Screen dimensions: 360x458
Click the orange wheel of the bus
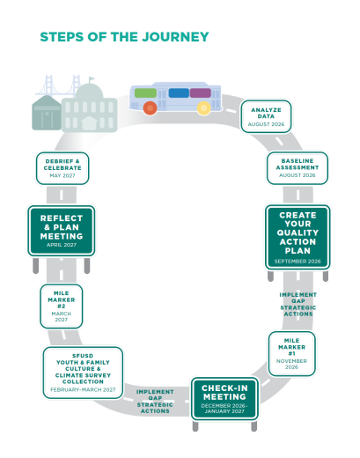pyautogui.click(x=150, y=107)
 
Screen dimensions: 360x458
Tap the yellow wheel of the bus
pyautogui.click(x=203, y=107)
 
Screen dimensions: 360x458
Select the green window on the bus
pyautogui.click(x=145, y=92)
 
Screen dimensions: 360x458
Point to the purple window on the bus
pyautogui.click(x=201, y=92)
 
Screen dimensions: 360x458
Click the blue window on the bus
pyautogui.click(x=179, y=92)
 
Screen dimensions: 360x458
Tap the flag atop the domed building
pyautogui.click(x=92, y=79)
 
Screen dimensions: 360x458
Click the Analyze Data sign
pyautogui.click(x=266, y=116)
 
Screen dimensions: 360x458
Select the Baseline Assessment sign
pyautogui.click(x=298, y=168)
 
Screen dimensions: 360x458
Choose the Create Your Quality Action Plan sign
pyautogui.click(x=298, y=237)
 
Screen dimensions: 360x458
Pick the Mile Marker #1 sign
pyautogui.click(x=291, y=354)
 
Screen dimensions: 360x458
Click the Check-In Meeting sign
pyautogui.click(x=224, y=399)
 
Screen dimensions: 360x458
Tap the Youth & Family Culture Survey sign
pyautogui.click(x=83, y=373)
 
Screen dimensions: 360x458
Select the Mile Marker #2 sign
pyautogui.click(x=62, y=307)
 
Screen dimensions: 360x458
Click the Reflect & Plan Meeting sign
pyautogui.click(x=62, y=231)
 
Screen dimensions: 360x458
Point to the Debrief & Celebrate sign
pyautogui.click(x=62, y=168)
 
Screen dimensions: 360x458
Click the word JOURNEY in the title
pyautogui.click(x=175, y=37)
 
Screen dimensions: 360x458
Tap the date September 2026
pyautogui.click(x=298, y=262)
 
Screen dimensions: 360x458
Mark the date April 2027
pyautogui.click(x=62, y=245)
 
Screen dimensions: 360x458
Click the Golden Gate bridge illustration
pyautogui.click(x=59, y=85)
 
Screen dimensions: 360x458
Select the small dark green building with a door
pyautogui.click(x=46, y=113)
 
